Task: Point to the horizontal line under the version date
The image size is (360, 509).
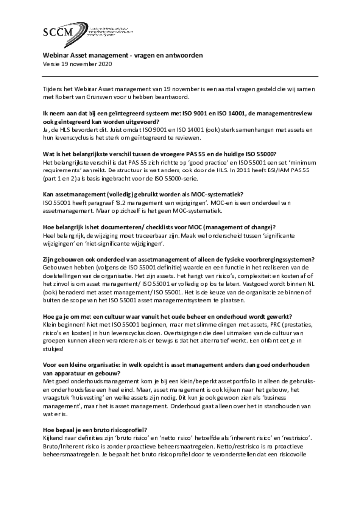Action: click(180, 76)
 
